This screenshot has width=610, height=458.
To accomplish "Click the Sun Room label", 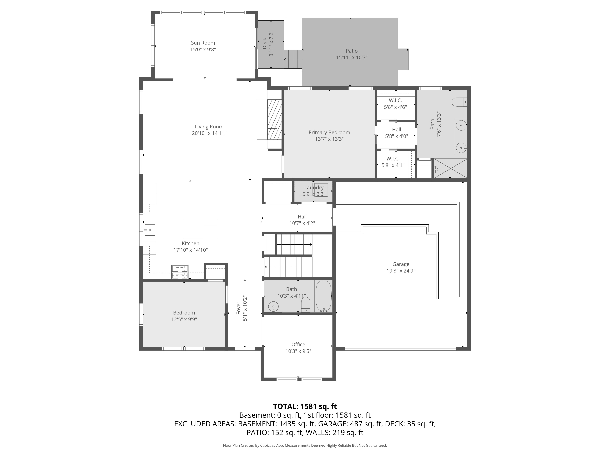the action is point(203,43).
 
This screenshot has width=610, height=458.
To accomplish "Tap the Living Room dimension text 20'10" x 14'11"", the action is point(209,133).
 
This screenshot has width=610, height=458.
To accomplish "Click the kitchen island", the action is point(201,229).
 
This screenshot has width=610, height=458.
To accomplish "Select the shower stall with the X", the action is point(451,168).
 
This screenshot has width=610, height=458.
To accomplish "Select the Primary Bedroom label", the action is point(329,133).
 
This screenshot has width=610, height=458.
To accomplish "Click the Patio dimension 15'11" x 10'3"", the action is point(352,57).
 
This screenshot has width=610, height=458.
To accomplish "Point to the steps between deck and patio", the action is point(293,59).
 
